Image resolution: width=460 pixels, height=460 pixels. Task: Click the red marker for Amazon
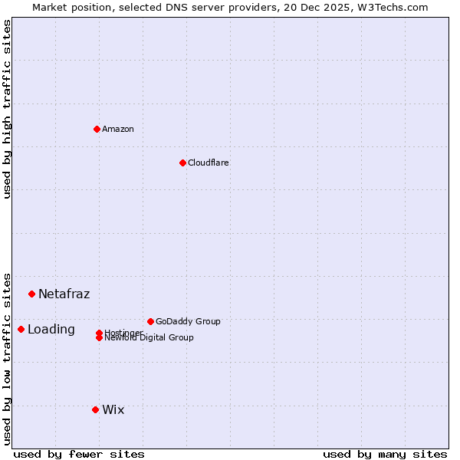[x=97, y=129]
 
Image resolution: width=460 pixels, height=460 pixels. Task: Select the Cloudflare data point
[x=182, y=163]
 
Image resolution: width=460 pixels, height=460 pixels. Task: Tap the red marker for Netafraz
[x=31, y=294]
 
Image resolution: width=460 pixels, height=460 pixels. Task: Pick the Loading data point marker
[x=21, y=329]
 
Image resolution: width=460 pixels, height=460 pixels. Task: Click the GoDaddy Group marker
[x=150, y=321]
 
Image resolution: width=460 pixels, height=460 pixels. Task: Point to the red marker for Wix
[x=95, y=409]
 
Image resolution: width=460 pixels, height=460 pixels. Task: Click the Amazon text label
[x=118, y=129]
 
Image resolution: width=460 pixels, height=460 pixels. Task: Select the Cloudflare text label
[x=209, y=163]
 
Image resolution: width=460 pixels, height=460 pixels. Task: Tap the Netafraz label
[x=64, y=294]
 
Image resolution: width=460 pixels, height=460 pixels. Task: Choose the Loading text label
[x=51, y=330]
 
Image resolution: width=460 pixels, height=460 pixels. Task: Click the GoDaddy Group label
[x=188, y=321]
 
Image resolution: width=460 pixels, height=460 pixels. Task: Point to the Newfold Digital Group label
[x=149, y=337]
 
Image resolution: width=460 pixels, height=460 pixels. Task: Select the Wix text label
[x=113, y=409]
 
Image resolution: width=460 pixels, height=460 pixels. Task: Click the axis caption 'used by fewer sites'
[x=79, y=454]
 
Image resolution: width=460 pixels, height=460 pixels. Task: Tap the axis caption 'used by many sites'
[x=385, y=454]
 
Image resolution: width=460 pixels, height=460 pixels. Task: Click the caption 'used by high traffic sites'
[x=7, y=109]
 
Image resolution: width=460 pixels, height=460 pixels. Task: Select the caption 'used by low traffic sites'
[x=7, y=358]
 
